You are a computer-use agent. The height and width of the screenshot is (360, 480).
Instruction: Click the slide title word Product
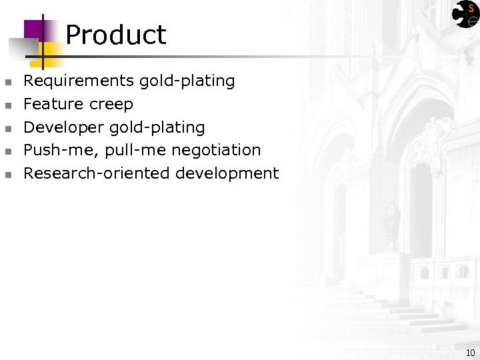click(x=116, y=35)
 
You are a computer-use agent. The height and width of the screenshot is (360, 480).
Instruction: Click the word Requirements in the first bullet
click(x=79, y=81)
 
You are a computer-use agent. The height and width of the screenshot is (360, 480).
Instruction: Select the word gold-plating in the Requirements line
click(x=187, y=81)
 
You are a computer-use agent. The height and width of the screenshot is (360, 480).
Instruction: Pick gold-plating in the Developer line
click(x=165, y=127)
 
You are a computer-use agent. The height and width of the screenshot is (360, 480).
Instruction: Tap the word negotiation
click(x=216, y=151)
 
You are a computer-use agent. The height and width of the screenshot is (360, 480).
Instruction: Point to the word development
click(x=227, y=174)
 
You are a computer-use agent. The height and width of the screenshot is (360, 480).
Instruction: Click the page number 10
click(x=470, y=353)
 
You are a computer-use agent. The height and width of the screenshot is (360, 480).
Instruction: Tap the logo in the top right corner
click(x=466, y=13)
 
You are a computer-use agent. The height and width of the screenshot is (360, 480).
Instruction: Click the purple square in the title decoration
click(x=33, y=30)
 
